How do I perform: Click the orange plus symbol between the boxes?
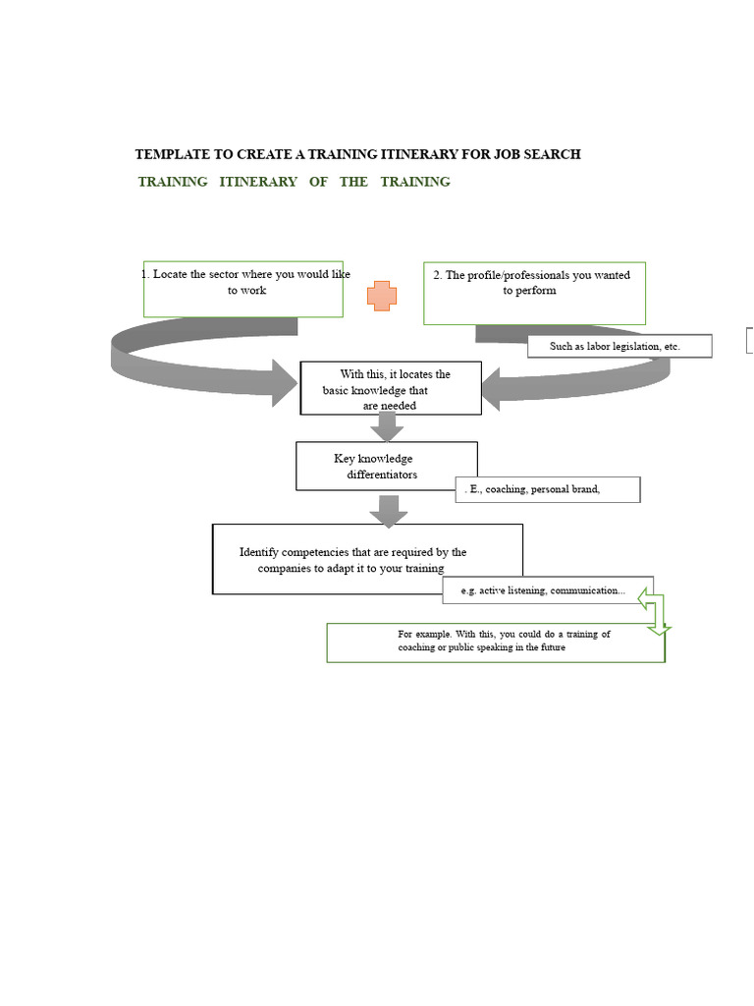382,296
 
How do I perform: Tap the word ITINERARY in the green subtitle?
258,182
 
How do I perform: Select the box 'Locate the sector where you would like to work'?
243,289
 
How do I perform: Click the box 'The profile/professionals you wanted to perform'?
534,293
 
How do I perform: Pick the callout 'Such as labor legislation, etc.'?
619,346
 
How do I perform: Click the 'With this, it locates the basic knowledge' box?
391,388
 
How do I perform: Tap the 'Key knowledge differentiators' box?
386,466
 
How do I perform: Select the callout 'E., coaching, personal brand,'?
548,489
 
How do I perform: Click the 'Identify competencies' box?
367,559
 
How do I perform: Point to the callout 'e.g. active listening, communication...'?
548,590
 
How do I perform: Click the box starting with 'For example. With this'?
496,643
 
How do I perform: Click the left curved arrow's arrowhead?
284,383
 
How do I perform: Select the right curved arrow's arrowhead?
491,389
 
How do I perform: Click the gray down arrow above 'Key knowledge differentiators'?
387,426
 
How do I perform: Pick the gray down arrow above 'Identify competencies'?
389,511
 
